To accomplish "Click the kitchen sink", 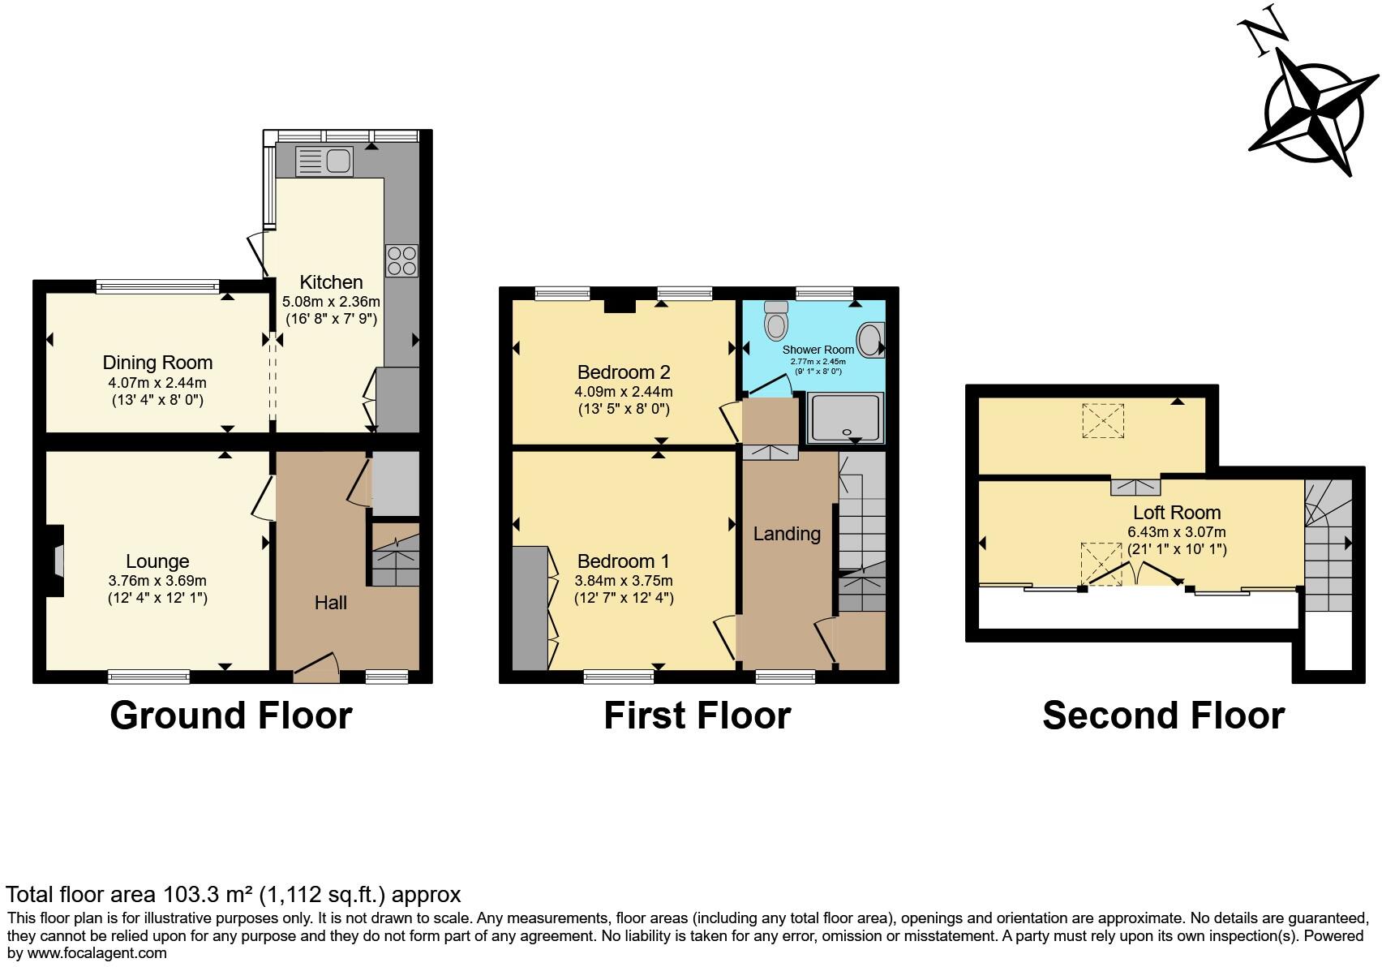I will coord(324,160).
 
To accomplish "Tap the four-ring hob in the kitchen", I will coord(401,260).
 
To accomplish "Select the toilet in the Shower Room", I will coord(776,321).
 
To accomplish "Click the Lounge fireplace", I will coord(56,561).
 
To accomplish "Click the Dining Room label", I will coord(157,363).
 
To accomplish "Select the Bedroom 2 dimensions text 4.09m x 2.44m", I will coord(623,391).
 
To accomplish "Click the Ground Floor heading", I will coord(231,716).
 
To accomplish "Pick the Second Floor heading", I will coord(1163,716).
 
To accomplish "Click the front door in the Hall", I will coord(316,664).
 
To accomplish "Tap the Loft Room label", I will coord(1176,512).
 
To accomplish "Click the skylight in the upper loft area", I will coord(1103,420).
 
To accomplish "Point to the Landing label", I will coord(787,533).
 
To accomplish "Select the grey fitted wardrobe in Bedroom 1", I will coord(530,608).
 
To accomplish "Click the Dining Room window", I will coord(157,286).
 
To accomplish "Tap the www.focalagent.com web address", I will coord(97,952).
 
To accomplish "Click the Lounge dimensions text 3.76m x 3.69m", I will coord(157,581).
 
